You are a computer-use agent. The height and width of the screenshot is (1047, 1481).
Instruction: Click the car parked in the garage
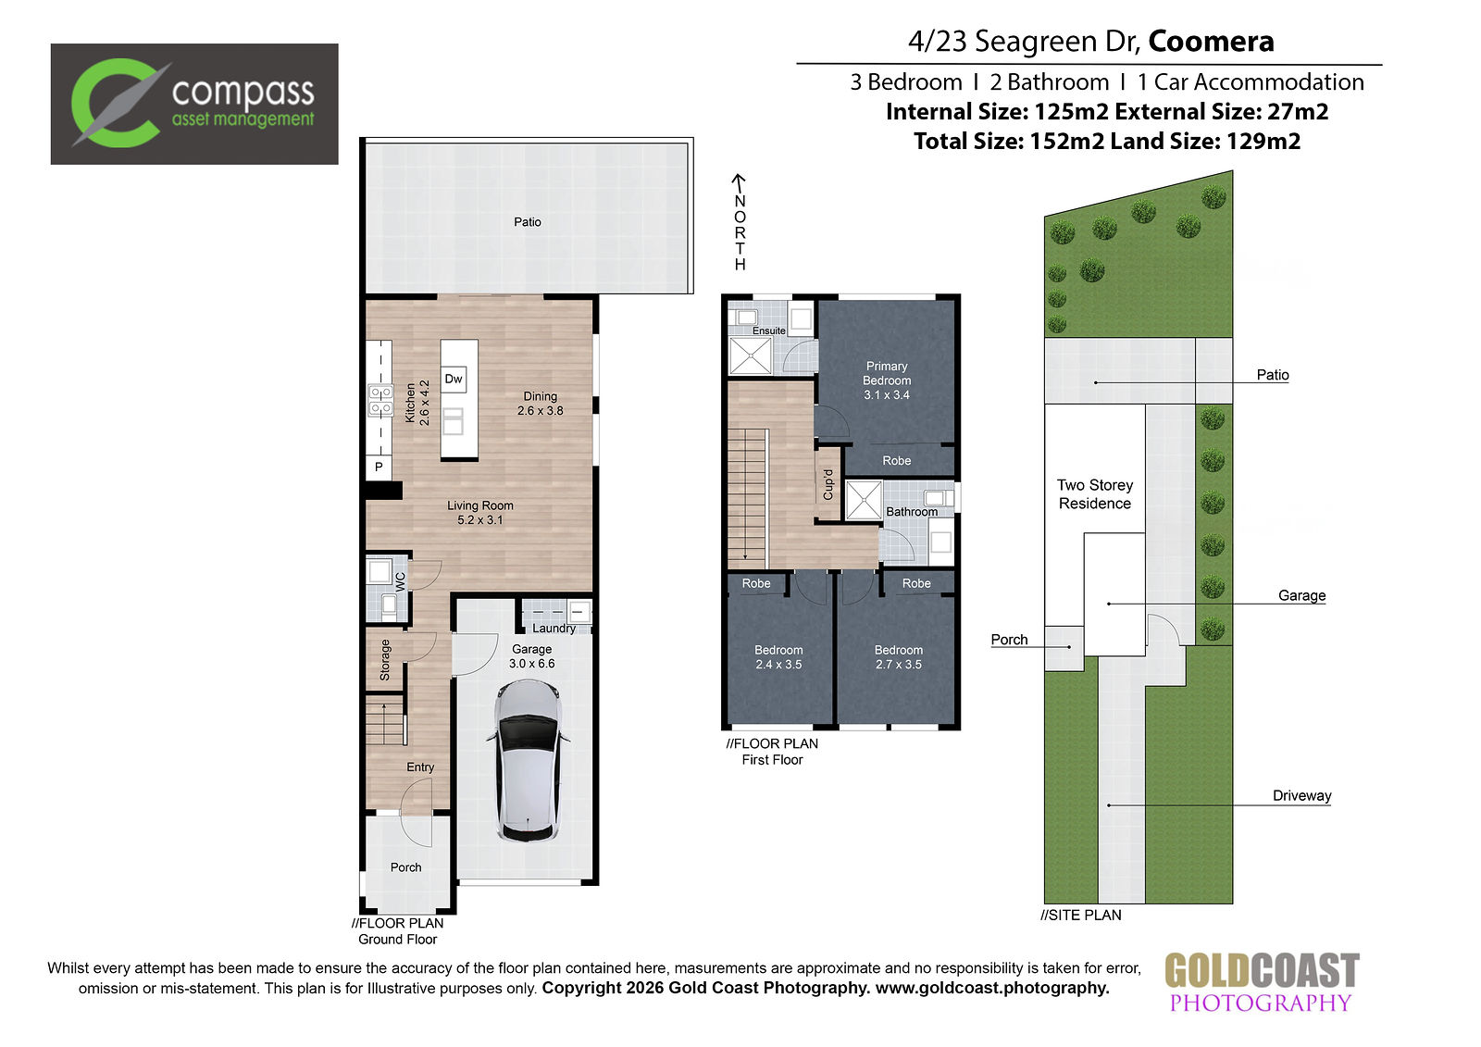(527, 761)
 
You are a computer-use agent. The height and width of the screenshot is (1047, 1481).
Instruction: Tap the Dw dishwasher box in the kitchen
(454, 380)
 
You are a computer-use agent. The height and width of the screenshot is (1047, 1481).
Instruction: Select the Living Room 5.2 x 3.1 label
(480, 513)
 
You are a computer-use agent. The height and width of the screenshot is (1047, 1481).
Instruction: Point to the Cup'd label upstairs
(828, 485)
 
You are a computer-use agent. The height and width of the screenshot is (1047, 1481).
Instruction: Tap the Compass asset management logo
(194, 104)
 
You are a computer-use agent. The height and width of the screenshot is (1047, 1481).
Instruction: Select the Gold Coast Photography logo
(1262, 982)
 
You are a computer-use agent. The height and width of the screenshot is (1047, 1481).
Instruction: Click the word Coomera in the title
(1212, 41)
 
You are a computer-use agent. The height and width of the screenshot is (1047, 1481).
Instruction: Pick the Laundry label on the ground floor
(554, 629)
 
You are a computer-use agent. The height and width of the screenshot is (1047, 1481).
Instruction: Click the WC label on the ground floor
(400, 581)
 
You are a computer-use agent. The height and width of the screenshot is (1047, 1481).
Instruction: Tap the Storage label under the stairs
(385, 659)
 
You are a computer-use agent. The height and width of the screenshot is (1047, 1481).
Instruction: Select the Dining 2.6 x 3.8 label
(541, 404)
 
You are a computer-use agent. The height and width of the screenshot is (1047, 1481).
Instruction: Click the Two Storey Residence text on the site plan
(1095, 494)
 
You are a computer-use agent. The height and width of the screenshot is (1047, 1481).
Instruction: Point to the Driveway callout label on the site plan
(1301, 796)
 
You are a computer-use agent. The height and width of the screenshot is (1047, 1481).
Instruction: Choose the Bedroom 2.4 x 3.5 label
(778, 657)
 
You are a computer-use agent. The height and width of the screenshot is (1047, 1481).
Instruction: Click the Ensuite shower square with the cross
(751, 355)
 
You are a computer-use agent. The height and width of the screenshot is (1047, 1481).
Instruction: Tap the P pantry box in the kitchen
(379, 467)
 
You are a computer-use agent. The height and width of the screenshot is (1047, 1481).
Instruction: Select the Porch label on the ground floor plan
(406, 867)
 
